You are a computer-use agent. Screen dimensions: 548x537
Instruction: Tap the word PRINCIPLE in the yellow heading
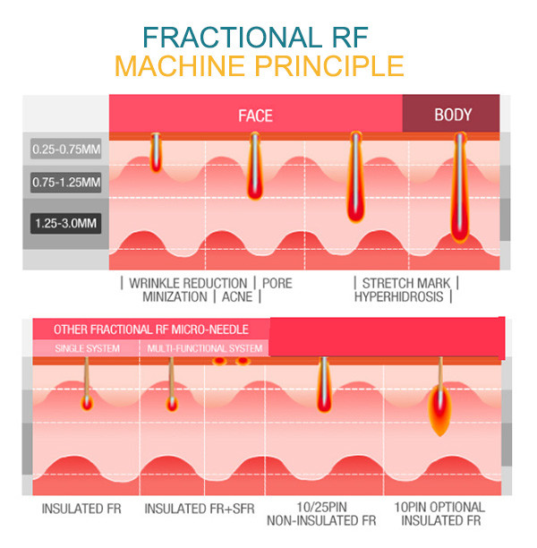coord(328,66)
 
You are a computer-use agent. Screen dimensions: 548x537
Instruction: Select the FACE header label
coord(255,116)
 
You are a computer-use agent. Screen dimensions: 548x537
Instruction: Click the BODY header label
coord(453,115)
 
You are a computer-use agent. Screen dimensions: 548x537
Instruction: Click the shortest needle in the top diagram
coord(156,153)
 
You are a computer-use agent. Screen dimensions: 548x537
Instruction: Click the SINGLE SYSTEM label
coord(86,348)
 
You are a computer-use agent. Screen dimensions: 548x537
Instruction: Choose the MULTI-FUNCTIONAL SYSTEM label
coord(205,348)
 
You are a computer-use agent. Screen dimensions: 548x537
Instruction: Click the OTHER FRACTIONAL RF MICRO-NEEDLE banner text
coord(150,330)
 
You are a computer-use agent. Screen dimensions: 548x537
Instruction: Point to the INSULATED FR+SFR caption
coord(200,508)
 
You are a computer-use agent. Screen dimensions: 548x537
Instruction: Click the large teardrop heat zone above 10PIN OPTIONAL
coord(439,408)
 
